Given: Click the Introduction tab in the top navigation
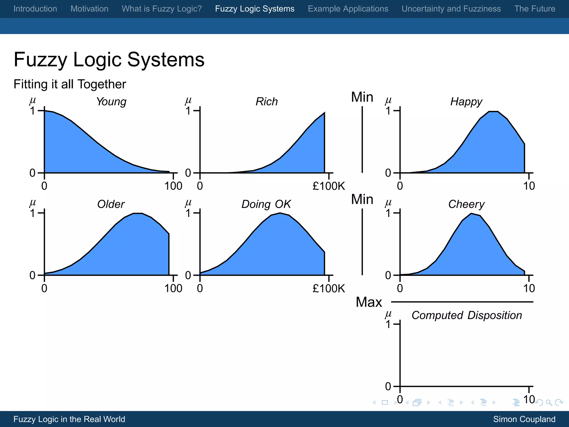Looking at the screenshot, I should tap(35, 9).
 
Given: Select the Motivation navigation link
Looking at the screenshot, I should tap(89, 9).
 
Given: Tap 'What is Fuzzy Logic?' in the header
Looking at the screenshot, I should tap(162, 9).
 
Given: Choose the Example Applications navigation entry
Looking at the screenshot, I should tap(348, 9).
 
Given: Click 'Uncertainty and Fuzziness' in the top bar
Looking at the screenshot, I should tap(451, 9).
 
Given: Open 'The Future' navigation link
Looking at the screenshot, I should tap(535, 9).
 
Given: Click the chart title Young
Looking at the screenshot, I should tap(111, 102).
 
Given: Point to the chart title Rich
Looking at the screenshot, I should tap(266, 102).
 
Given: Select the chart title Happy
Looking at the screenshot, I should tap(466, 102).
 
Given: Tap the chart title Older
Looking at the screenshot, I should tap(111, 204).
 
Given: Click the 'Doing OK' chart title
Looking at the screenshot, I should tap(266, 204).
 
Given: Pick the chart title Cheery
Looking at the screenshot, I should tap(466, 204).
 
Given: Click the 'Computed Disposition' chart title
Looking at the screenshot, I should tap(466, 316).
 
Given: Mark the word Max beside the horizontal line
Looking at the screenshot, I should tap(369, 302).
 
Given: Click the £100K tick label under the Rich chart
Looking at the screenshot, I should tap(329, 186).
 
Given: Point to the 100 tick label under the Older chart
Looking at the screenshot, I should tap(173, 289).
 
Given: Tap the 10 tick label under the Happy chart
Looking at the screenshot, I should tap(529, 186).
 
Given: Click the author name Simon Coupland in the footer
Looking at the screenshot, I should tap(524, 419).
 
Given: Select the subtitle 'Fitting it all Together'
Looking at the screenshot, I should tap(70, 84).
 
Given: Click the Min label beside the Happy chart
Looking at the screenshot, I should tap(362, 97).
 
